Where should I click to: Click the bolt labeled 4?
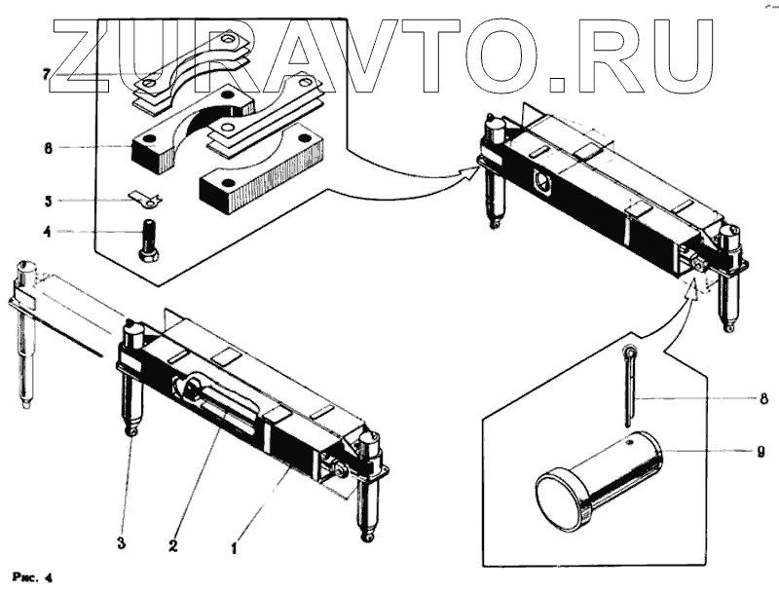pos(148,239)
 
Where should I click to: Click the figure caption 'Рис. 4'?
pos(31,575)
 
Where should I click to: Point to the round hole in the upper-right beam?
pos(542,181)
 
